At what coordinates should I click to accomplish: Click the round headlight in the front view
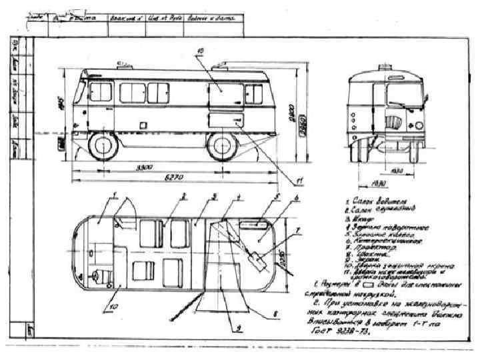419,125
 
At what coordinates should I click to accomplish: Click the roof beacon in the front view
385,68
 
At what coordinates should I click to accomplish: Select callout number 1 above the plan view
115,195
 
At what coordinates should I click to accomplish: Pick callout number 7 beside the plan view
299,229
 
